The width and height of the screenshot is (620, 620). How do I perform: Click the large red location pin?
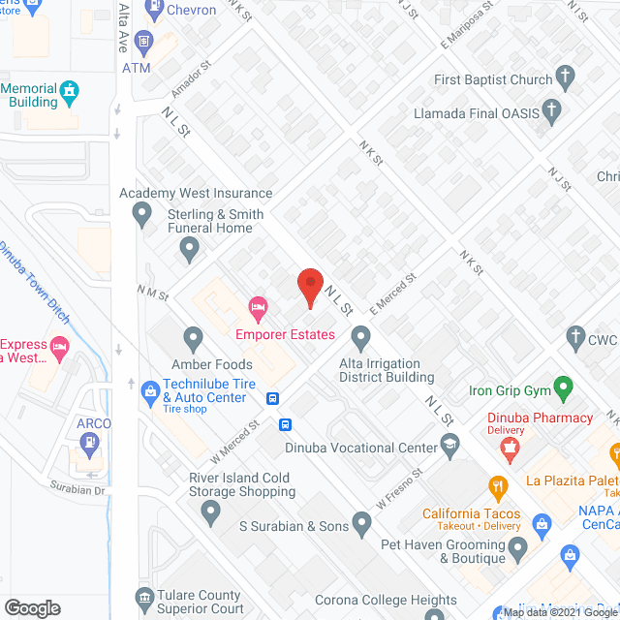click(x=309, y=285)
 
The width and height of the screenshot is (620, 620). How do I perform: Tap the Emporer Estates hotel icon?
click(x=258, y=310)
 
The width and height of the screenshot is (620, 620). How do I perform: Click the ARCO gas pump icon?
click(x=90, y=445)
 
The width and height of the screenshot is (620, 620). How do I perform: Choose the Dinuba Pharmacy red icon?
click(x=507, y=447)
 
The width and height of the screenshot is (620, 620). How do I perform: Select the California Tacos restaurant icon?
click(x=499, y=487)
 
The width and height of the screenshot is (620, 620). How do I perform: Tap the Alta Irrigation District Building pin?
click(x=361, y=338)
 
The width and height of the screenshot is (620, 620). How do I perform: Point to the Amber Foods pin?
click(x=193, y=339)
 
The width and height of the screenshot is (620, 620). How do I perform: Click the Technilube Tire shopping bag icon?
click(x=149, y=389)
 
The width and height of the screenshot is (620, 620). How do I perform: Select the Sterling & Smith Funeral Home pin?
click(x=190, y=251)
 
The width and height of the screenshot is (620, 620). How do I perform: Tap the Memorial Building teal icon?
click(x=69, y=94)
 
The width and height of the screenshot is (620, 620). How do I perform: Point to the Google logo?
click(x=32, y=607)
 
